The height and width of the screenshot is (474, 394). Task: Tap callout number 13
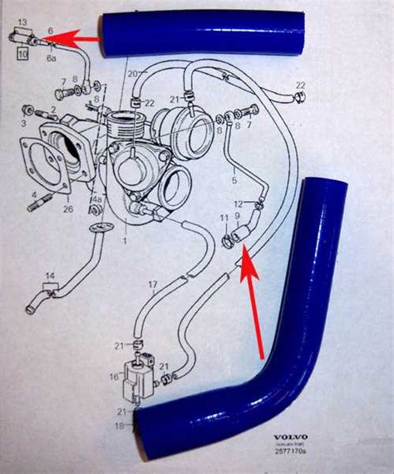point(21,19)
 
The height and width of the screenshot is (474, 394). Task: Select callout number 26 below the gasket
point(68,209)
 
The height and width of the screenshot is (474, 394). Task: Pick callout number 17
point(152,285)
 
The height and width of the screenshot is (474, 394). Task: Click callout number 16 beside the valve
point(114,375)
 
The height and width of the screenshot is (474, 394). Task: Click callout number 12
point(238,203)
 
